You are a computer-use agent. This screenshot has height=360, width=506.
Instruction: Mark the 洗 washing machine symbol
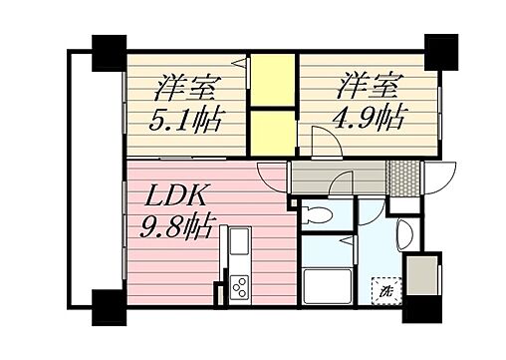coord(383,293)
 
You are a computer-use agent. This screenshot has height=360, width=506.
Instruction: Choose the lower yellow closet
coord(272,131)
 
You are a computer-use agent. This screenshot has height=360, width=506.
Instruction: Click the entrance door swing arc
coord(436,181)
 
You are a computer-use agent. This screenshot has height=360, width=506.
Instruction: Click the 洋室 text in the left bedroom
coord(185,86)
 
